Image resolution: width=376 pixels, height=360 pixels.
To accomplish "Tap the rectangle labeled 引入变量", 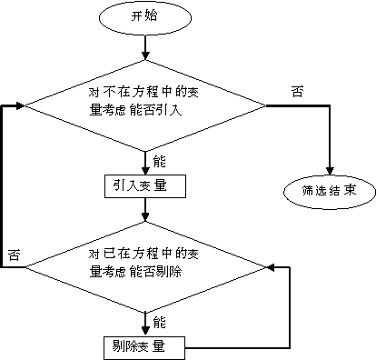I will point(144,185).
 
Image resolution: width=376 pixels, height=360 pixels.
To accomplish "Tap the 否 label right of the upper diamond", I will point(297,92).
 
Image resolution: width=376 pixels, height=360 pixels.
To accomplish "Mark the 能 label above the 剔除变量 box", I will point(160,323).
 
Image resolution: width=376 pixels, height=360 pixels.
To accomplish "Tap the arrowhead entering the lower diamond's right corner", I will point(270,268).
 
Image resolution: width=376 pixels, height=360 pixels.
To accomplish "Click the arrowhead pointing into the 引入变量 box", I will point(144,170).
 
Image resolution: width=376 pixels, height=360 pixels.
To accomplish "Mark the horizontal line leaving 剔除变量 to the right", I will point(236,346).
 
